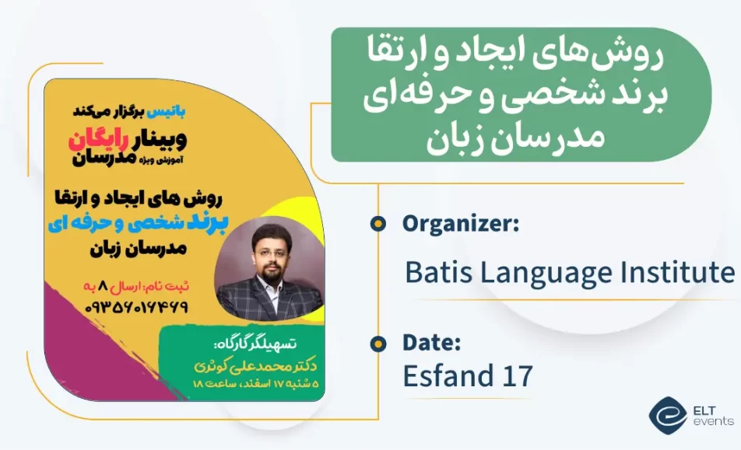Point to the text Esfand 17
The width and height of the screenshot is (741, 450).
coord(468,376)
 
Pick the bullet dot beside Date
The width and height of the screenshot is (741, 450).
coord(378,343)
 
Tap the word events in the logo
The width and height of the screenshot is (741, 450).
coord(713,421)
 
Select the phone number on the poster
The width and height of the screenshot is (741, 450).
coord(137,307)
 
